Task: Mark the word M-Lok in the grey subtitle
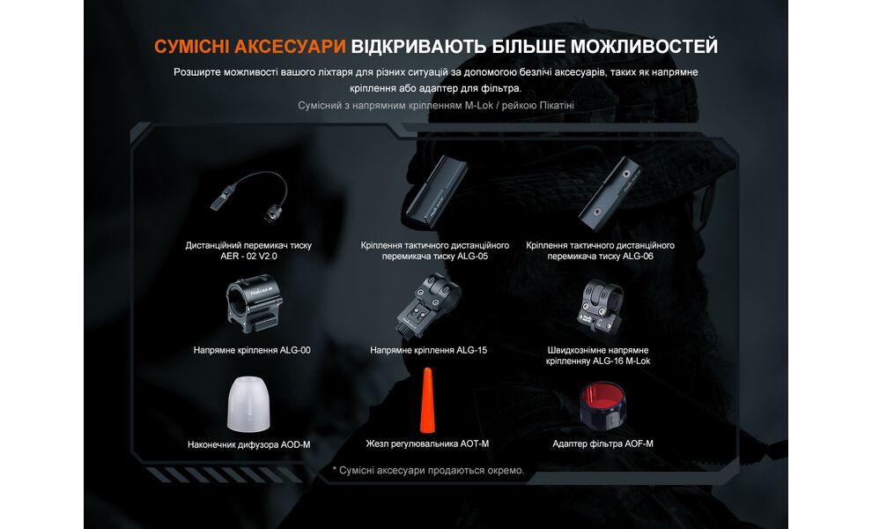[x=481, y=106]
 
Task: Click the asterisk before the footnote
[x=335, y=471]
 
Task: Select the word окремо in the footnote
[x=506, y=471]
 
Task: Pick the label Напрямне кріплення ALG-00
[x=252, y=350]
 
